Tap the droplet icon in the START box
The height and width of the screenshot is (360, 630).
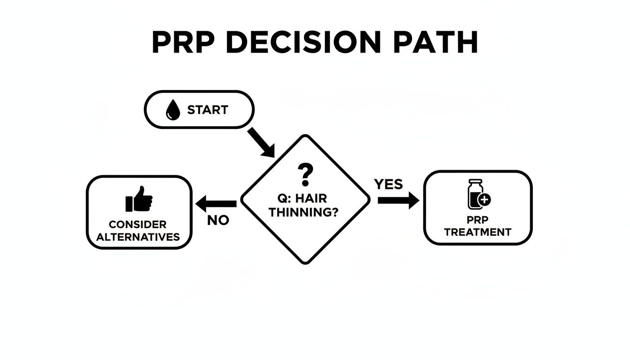click(173, 111)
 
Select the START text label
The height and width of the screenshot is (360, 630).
click(207, 110)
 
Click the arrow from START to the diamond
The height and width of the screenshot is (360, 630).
click(261, 142)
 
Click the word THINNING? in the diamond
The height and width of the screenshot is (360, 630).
click(304, 212)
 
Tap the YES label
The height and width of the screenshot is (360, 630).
click(388, 184)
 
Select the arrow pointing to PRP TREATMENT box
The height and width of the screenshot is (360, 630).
click(398, 201)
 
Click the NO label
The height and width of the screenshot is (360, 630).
click(218, 220)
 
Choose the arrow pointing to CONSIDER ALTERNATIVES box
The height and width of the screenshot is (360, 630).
click(216, 204)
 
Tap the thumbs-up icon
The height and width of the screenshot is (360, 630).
click(139, 199)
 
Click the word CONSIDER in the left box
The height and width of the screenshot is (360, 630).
click(137, 225)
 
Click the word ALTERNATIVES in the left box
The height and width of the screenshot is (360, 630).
click(138, 237)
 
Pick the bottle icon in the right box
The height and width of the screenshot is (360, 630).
click(475, 194)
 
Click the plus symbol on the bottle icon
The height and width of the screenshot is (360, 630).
click(484, 200)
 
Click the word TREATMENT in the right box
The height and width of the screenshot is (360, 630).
click(478, 232)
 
